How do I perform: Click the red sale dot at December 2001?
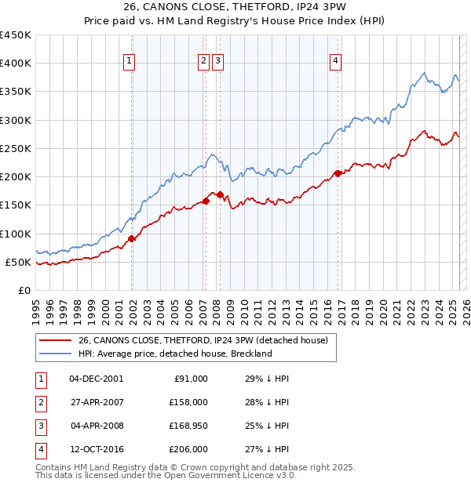pos(132,238)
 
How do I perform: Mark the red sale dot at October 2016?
pos(338,173)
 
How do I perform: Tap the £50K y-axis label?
pos(19,262)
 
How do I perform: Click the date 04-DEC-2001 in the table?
pos(96,379)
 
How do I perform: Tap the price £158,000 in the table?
pos(189,402)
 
